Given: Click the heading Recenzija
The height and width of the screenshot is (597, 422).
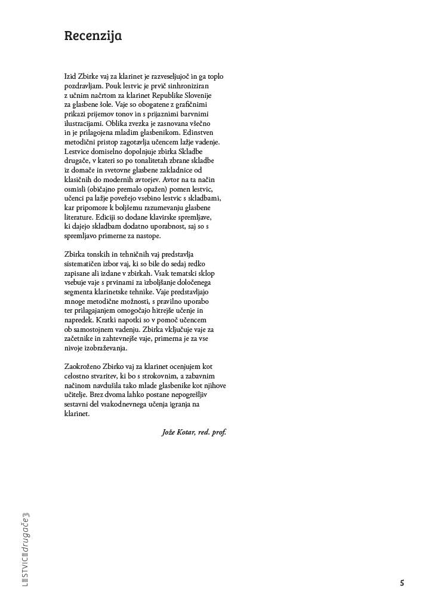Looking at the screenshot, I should click(x=93, y=36).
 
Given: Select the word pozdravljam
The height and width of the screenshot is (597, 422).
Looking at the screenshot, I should click(x=84, y=86).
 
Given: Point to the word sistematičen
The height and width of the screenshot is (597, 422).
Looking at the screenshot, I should click(x=84, y=263).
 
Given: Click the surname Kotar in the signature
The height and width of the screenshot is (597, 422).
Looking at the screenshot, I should click(x=187, y=432).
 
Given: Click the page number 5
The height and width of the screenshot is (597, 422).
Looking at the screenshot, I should click(x=402, y=583).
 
